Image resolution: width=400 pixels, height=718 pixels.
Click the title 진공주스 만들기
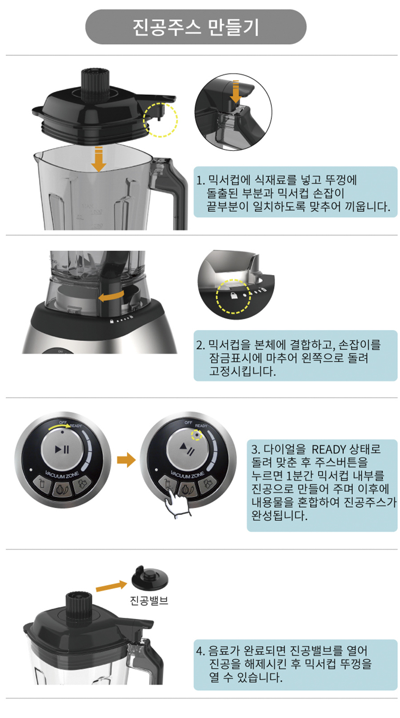pos(196,27)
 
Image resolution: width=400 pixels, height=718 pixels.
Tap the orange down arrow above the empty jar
pos(99,159)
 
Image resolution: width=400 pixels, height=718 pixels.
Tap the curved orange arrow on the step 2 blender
pos(111,296)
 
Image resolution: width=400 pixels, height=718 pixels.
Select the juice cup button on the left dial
pos(42,483)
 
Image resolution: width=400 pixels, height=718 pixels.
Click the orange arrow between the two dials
pos(126,460)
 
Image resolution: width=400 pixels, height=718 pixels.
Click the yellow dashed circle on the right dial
pos(196,435)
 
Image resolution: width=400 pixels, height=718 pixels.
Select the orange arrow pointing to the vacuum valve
pos(111,586)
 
